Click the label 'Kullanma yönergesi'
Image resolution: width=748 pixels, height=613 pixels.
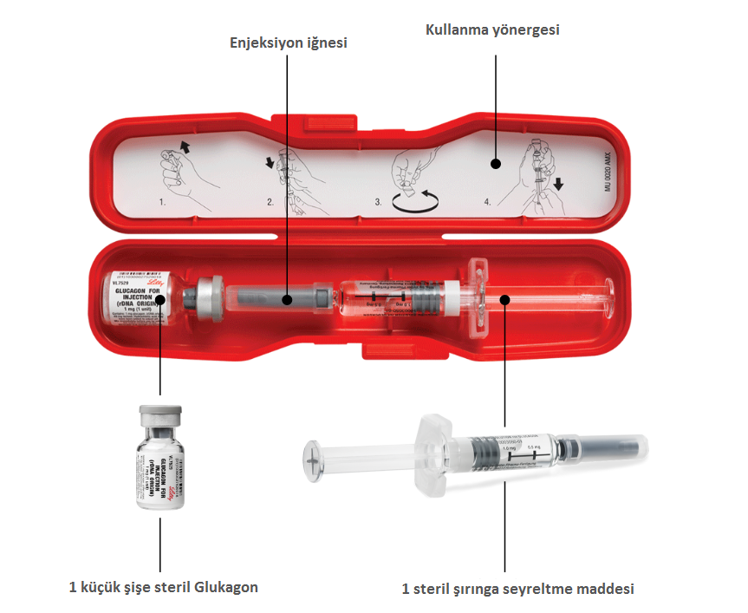(492, 29)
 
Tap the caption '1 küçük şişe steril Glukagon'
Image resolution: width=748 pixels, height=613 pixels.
(163, 587)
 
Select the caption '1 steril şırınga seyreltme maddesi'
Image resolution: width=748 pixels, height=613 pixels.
(517, 589)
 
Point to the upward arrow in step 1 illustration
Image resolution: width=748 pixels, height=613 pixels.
(185, 145)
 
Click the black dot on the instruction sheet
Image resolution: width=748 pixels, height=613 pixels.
(495, 162)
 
